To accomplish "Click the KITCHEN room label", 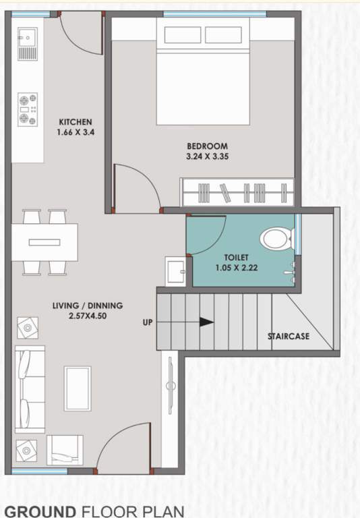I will click(75, 122).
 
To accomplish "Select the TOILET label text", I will click(237, 258).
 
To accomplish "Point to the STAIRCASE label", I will click(288, 336).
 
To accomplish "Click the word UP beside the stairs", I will click(147, 322).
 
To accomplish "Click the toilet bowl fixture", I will click(276, 238).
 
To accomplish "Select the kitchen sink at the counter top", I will click(28, 42).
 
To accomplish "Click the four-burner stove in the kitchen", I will click(28, 109).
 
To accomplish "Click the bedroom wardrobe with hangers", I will click(237, 192).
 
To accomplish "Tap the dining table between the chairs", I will click(44, 241).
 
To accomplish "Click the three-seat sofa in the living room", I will click(29, 390).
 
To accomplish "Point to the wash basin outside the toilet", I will click(176, 272).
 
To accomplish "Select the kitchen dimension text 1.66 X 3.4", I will click(75, 133).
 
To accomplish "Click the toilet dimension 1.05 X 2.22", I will click(237, 268).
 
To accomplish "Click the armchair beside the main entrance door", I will click(65, 449).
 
